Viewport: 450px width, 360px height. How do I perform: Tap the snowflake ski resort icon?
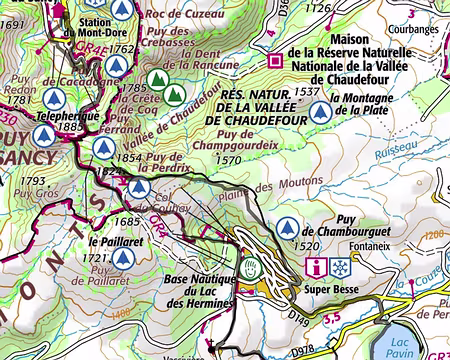(341, 268)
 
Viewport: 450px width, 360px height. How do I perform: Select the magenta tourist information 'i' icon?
(318, 268)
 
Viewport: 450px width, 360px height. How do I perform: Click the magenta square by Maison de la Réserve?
(277, 57)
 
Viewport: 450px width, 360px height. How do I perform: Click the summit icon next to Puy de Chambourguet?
(289, 227)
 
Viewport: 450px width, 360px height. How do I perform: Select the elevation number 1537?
(309, 91)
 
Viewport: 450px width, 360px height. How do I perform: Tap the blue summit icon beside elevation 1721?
(123, 258)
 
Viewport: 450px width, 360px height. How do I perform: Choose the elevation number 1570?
(230, 159)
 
